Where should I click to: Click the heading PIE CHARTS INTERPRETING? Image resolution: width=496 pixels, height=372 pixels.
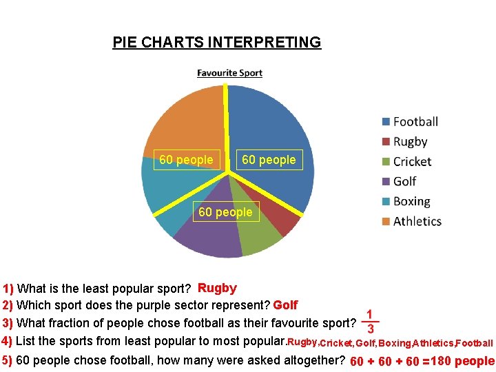(216, 43)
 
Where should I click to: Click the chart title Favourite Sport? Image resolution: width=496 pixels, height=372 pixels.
(229, 73)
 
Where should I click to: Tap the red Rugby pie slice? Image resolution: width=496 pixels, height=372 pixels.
(285, 222)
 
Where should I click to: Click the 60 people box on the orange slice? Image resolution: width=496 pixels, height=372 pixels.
(186, 160)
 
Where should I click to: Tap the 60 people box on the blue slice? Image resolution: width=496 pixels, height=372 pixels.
(269, 160)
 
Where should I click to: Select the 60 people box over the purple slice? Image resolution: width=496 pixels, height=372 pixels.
(225, 212)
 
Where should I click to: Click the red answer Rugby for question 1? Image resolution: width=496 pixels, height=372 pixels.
(217, 288)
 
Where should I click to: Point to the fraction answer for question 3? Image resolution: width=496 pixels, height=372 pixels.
(371, 320)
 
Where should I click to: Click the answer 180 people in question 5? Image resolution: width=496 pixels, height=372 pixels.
(462, 361)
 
